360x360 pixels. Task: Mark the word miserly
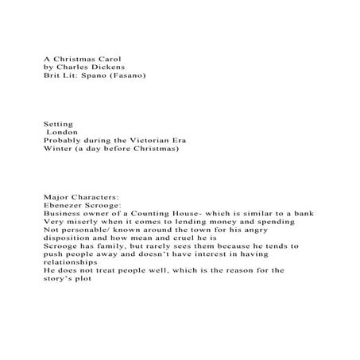point(84,222)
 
